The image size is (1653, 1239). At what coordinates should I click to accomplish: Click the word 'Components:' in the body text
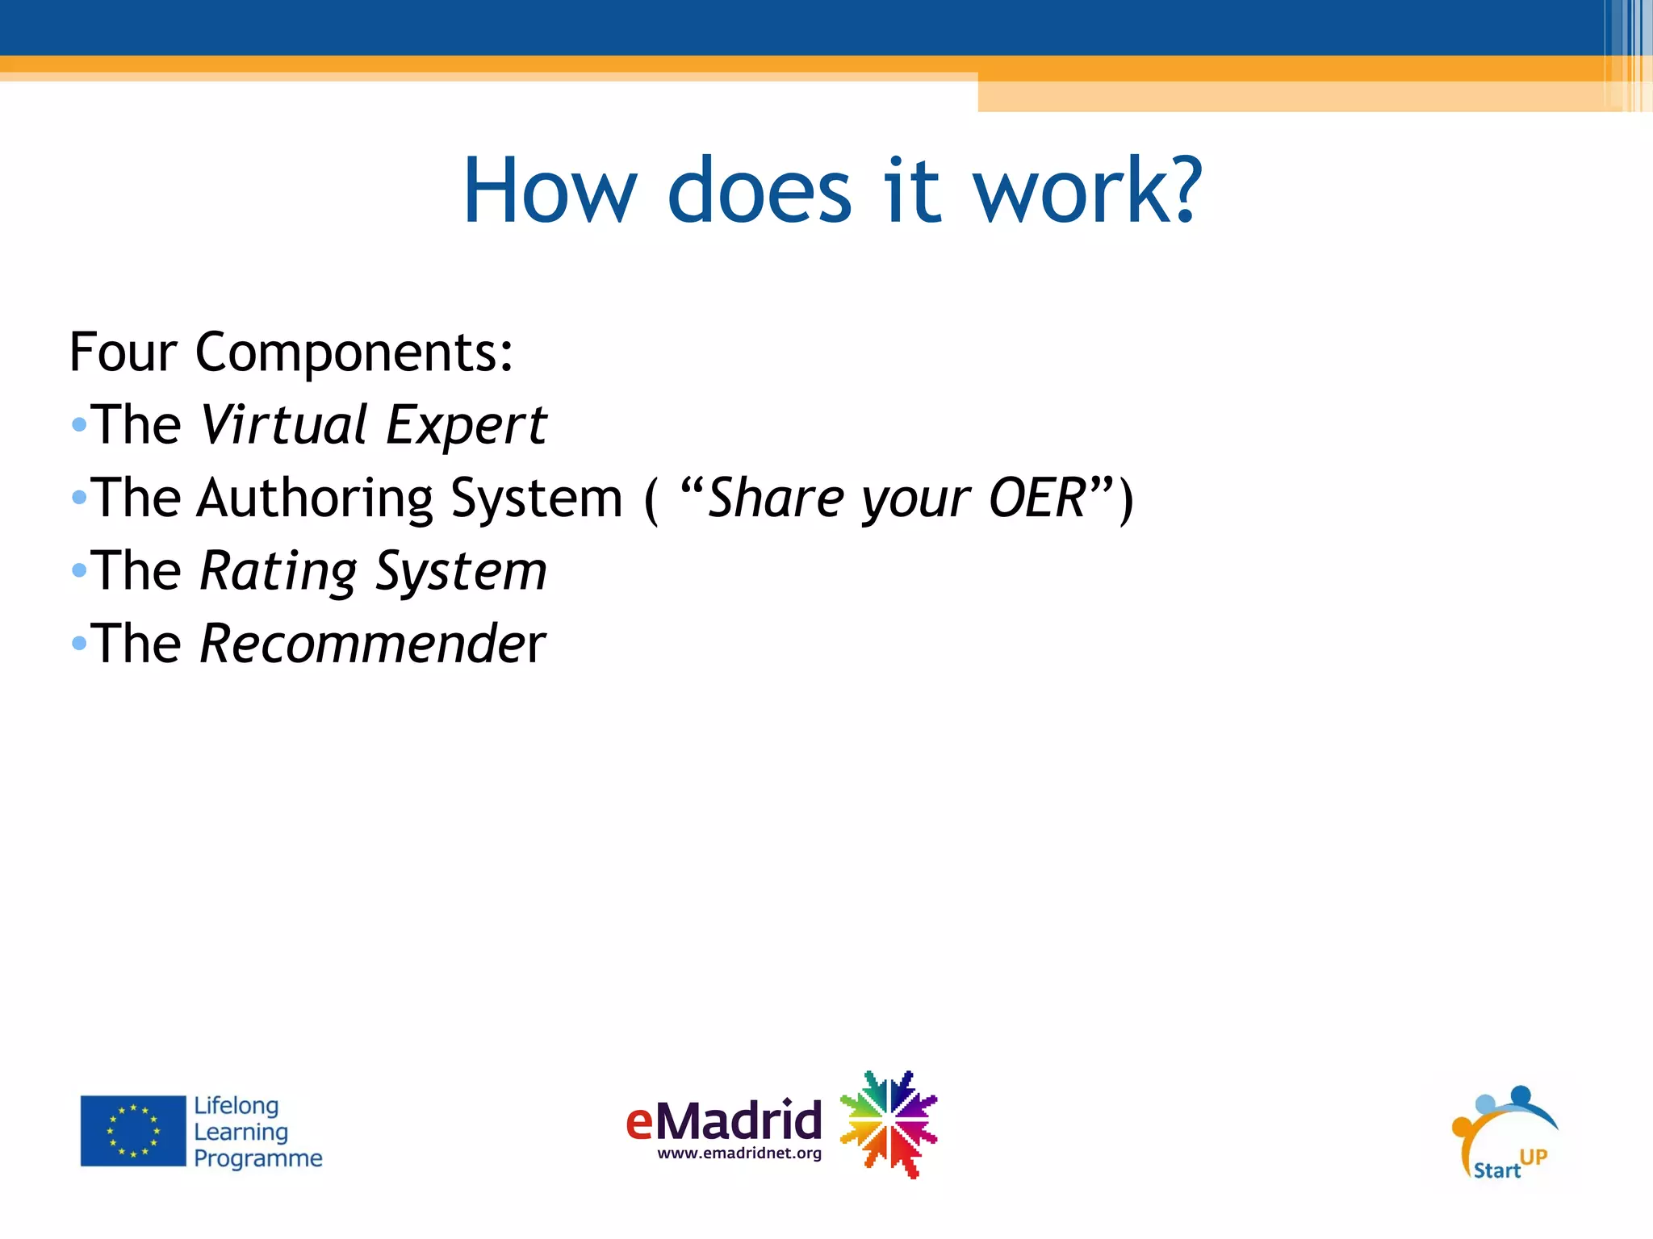coord(354,353)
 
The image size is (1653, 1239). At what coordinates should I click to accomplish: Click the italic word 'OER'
coord(1037,498)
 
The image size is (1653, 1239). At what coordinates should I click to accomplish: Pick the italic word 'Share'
coord(775,498)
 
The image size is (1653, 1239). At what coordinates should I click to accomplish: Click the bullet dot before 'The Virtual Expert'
coord(78,424)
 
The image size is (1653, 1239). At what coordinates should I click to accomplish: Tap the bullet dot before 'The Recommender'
coord(78,643)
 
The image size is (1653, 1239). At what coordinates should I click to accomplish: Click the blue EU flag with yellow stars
coord(133,1130)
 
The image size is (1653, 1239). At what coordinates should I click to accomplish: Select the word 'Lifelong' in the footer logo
coord(236,1105)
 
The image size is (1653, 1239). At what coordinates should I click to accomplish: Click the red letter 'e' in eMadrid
coord(639,1122)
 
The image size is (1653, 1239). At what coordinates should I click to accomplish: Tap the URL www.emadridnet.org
coord(739,1153)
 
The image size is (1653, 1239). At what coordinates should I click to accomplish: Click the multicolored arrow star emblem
coord(888,1124)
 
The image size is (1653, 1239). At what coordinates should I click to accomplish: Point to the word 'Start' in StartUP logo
coord(1496,1170)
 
